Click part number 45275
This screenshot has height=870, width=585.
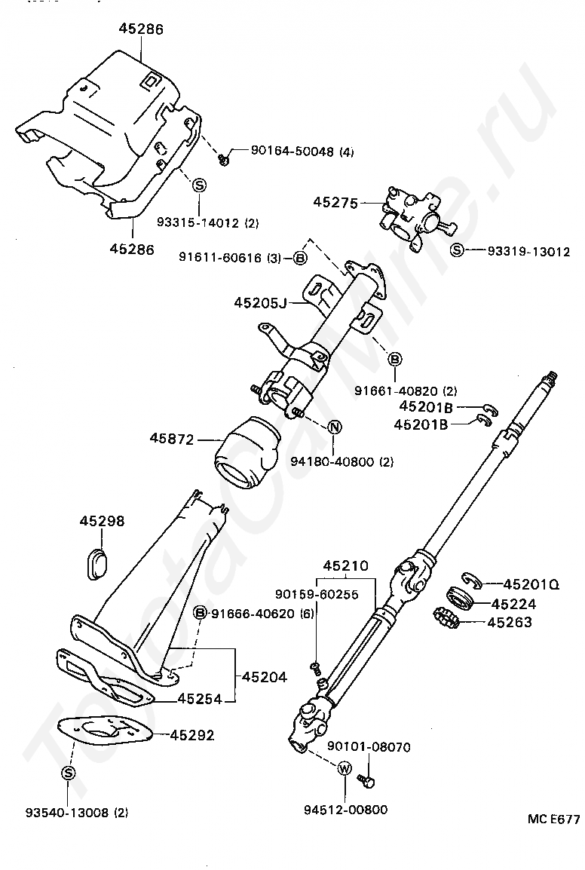[336, 203]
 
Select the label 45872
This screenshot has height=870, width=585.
[172, 437]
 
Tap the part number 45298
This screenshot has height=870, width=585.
[103, 521]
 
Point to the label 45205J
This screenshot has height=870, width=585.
[260, 302]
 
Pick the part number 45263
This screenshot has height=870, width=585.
[510, 622]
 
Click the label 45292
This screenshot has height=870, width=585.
[192, 734]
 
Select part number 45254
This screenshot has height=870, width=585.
[200, 699]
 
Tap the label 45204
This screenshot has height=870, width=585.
[265, 677]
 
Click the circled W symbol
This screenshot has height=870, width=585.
[345, 769]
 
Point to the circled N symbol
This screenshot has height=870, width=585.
[335, 427]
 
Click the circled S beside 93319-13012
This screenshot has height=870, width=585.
[456, 250]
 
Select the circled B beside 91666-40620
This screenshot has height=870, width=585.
[201, 613]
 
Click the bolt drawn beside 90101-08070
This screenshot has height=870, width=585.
[368, 782]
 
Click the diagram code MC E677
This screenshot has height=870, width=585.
[553, 819]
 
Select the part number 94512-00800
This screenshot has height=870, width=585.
[346, 810]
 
